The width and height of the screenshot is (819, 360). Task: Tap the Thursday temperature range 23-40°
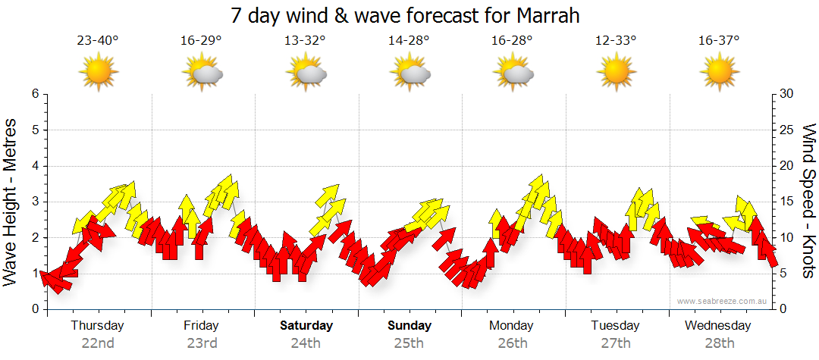point(98,41)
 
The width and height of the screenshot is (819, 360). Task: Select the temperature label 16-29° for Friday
point(201,41)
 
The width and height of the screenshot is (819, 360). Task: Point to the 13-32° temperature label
point(305,41)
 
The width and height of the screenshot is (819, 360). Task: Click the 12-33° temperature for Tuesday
point(616,41)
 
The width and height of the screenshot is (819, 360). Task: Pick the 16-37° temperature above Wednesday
point(719,41)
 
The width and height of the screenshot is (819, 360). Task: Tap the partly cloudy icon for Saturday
point(306,73)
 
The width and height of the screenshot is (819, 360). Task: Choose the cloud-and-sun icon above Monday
point(513,73)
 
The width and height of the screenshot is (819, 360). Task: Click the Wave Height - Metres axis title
point(11,202)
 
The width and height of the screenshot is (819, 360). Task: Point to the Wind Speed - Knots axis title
point(808,202)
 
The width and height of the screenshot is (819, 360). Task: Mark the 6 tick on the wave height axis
point(34,94)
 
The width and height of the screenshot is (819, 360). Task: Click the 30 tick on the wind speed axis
point(787,94)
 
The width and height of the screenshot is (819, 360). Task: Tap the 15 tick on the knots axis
point(787,202)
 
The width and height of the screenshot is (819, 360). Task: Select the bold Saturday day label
point(306,326)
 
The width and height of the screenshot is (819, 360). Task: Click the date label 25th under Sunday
point(409,343)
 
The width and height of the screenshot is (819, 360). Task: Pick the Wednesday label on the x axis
point(717,326)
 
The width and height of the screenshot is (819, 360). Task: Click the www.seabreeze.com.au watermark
point(723,301)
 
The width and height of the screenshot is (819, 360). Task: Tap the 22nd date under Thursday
point(98,343)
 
